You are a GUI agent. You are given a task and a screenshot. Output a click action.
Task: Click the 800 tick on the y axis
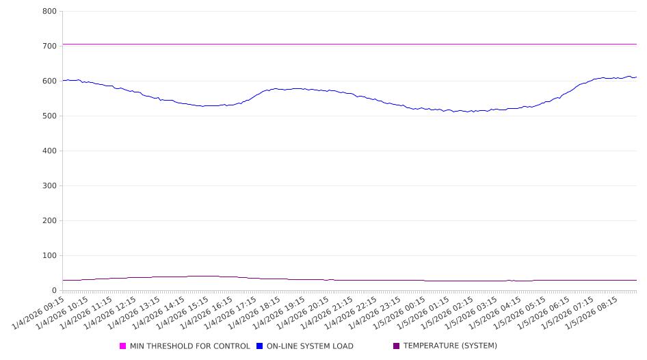point(49,12)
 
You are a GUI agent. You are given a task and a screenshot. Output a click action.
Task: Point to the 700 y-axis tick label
point(49,47)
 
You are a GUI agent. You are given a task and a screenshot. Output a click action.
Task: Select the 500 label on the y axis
point(49,116)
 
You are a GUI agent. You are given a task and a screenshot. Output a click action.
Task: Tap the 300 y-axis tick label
point(49,186)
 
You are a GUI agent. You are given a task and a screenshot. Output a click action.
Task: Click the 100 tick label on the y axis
point(49,256)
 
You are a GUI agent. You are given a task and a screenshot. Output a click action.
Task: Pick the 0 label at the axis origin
point(54,291)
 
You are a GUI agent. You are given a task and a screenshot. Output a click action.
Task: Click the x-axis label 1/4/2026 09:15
point(40,313)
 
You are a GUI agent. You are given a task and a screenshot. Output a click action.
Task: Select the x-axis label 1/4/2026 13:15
point(136,313)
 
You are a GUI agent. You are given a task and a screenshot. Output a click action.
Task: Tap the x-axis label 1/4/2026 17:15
point(233,313)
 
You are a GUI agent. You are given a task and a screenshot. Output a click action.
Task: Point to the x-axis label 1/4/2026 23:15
point(377,313)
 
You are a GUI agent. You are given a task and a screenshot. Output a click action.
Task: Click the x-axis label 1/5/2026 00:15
point(401,313)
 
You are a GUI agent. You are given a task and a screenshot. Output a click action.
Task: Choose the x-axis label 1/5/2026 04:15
point(497,313)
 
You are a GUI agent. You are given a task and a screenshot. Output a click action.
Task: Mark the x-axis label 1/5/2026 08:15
point(594,313)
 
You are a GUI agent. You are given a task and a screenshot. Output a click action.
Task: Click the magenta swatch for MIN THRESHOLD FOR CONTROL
point(123,346)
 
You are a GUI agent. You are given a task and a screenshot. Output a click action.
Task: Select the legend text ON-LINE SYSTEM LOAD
point(310,346)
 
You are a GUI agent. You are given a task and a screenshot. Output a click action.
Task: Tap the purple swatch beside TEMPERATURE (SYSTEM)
point(397,346)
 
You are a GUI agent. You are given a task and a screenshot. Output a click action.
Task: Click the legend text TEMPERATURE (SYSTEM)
point(450,346)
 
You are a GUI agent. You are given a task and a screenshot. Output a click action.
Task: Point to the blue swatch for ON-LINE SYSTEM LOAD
point(260,346)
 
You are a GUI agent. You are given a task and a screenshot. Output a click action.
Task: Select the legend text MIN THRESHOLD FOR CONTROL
point(189,346)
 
